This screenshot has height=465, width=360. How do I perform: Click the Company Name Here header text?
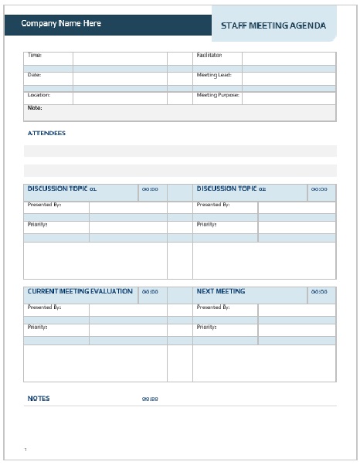pos(61,23)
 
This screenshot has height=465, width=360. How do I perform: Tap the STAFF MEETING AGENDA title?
pos(273,25)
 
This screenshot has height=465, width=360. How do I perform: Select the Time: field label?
pos(35,56)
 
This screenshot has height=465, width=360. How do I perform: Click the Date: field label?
pos(35,75)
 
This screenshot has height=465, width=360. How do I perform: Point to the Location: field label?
pos(39,95)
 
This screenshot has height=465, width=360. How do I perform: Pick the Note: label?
pos(35,108)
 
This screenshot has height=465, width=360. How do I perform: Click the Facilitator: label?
pos(209,56)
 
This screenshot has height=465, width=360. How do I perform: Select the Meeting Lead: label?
pos(214,75)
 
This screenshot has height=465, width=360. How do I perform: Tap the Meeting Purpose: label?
pos(218,95)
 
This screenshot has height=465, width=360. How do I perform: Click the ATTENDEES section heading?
pos(46,133)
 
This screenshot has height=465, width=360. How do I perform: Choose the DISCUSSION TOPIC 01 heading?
pos(62,188)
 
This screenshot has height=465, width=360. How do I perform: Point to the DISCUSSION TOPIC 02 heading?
pos(231,188)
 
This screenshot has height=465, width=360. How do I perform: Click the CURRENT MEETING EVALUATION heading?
pos(80,291)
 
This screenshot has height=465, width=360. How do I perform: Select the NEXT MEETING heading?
pos(221,291)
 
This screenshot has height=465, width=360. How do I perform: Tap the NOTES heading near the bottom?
pos(39,399)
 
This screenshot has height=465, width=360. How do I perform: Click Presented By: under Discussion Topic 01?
pos(44,205)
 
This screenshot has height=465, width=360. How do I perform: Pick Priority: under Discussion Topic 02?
pos(206,224)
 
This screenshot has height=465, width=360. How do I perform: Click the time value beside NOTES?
pos(150,399)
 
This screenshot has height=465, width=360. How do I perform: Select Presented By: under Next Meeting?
pos(213,307)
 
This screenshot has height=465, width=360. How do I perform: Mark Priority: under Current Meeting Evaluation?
pos(37,327)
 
